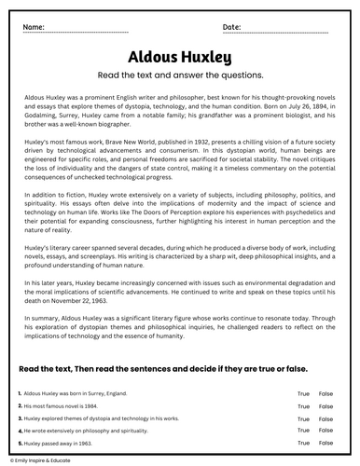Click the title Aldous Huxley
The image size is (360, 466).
click(x=180, y=59)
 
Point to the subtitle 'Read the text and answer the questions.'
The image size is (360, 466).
click(x=180, y=77)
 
